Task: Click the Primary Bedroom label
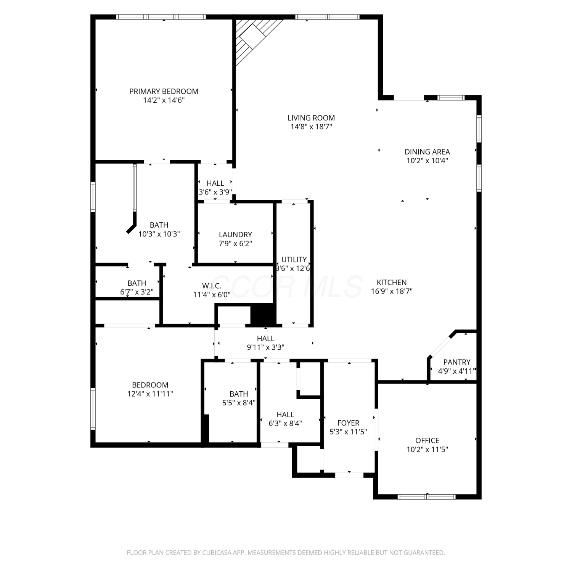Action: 164,92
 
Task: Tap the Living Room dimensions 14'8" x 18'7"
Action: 311,127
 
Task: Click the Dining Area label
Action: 427,152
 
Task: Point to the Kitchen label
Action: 392,283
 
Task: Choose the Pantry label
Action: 456,362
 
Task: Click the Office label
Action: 427,440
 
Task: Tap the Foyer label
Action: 348,423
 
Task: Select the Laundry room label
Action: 235,235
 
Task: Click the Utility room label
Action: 294,260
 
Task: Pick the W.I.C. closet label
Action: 212,286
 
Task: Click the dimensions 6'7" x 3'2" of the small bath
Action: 137,292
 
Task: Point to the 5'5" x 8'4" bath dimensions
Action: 239,403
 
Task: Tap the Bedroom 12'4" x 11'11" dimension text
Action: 150,394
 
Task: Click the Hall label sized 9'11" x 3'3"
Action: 265,339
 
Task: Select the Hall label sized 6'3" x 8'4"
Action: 285,415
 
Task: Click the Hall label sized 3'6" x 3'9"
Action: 215,183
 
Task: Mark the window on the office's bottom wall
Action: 427,496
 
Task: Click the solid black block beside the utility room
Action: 263,315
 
